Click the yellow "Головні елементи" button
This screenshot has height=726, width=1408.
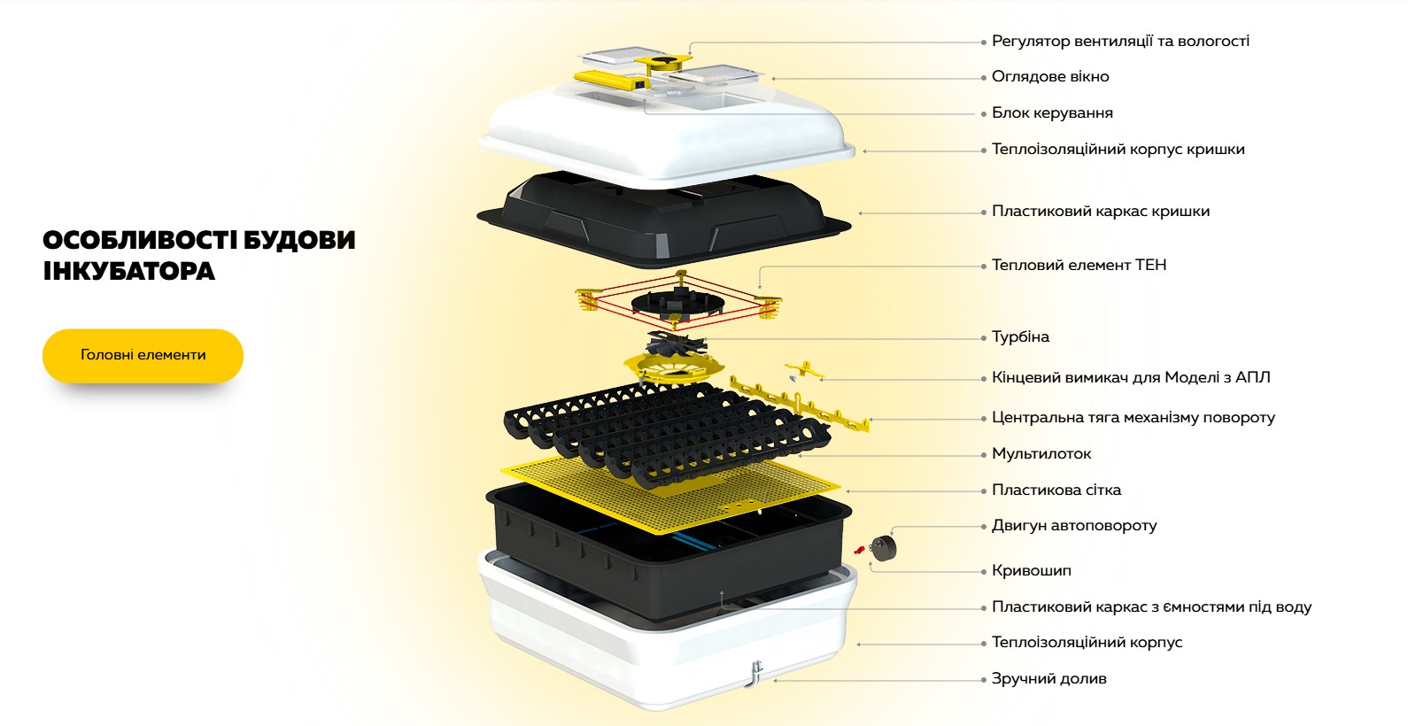(143, 356)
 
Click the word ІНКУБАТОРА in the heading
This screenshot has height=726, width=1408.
(129, 272)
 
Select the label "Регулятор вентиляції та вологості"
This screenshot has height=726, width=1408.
(1120, 42)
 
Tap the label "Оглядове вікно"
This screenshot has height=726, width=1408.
(1050, 77)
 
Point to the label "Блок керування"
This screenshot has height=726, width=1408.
(1052, 113)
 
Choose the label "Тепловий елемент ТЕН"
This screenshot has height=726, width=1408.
(1079, 266)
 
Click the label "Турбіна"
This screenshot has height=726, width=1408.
(1020, 337)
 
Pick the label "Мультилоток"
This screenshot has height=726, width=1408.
(1041, 454)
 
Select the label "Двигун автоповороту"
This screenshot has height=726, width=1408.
(1074, 526)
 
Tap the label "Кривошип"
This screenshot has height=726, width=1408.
(1032, 571)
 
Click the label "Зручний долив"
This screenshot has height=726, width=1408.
(1049, 679)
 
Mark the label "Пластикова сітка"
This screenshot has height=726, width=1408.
(1056, 490)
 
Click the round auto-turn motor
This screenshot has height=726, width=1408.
(883, 548)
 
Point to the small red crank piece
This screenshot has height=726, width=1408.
(859, 551)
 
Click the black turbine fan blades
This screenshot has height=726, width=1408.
(676, 344)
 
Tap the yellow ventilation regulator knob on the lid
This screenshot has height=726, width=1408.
(662, 62)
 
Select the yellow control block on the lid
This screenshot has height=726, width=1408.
(612, 80)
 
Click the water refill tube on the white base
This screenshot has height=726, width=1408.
(756, 674)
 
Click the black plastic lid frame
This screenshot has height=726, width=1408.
(664, 217)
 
